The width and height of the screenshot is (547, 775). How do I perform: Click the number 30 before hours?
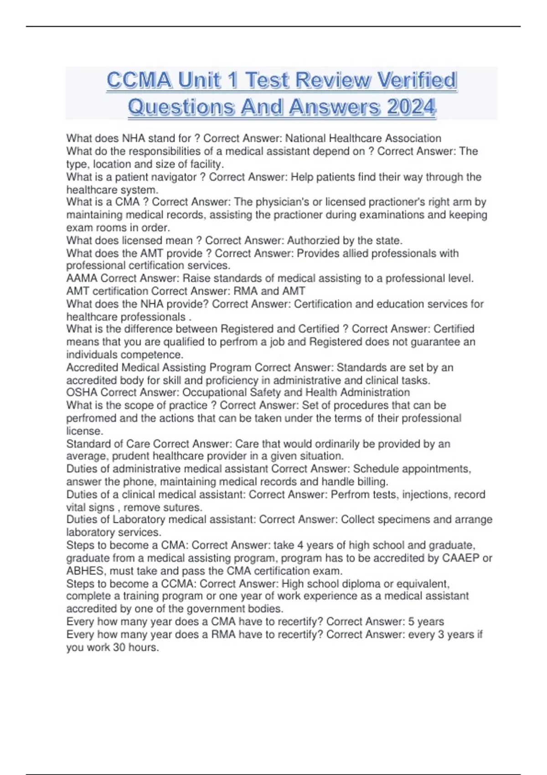(x=119, y=647)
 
